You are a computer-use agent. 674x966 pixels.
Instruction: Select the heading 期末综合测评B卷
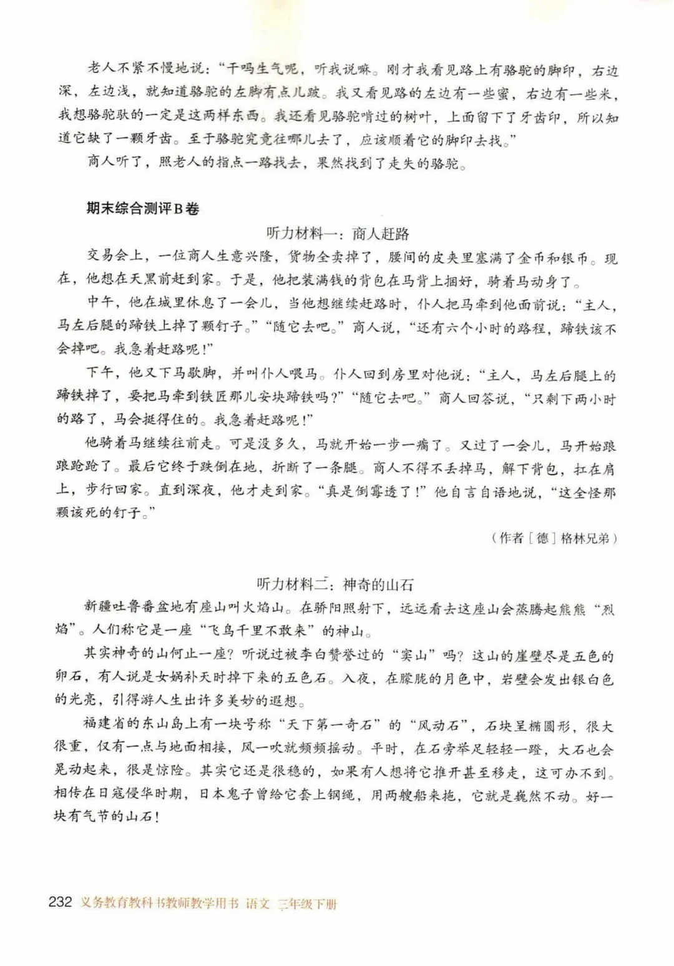[142, 209]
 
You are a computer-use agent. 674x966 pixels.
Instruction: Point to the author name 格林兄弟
[582, 538]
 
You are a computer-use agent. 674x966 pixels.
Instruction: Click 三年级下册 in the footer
[308, 904]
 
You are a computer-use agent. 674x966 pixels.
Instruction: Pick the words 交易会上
[115, 257]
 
